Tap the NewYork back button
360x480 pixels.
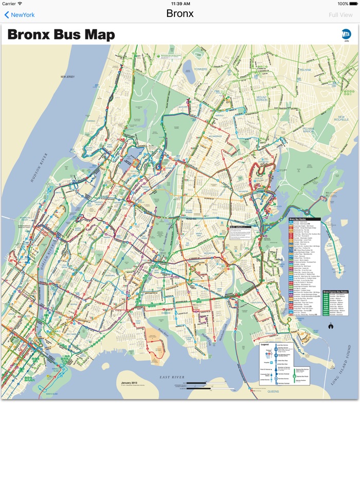pyautogui.click(x=20, y=15)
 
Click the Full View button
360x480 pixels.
pyautogui.click(x=340, y=15)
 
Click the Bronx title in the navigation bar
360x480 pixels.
pyautogui.click(x=180, y=14)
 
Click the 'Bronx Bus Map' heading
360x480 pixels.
pyautogui.click(x=61, y=35)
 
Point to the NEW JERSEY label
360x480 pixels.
pyautogui.click(x=68, y=77)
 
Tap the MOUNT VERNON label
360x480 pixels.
pyautogui.click(x=262, y=99)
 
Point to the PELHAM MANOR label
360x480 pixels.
pyautogui.click(x=309, y=130)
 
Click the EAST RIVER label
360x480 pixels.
pyautogui.click(x=172, y=377)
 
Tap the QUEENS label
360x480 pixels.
pyautogui.click(x=273, y=391)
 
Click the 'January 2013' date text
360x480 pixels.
pyautogui.click(x=129, y=383)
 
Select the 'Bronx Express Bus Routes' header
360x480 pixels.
pyautogui.click(x=335, y=291)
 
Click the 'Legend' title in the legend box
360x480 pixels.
pyautogui.click(x=265, y=344)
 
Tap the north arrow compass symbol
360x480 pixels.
pyautogui.click(x=331, y=325)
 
